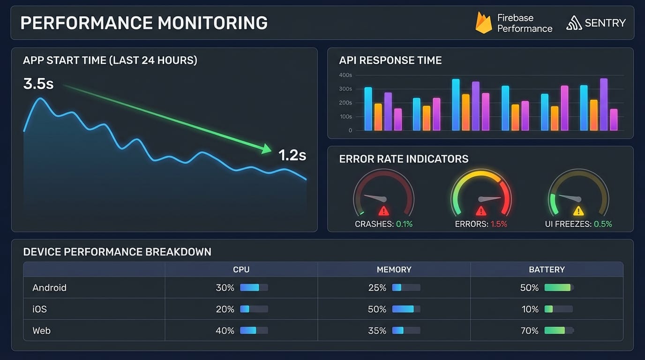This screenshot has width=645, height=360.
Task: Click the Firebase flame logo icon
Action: click(x=483, y=23)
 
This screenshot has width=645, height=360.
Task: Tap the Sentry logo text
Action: click(x=605, y=23)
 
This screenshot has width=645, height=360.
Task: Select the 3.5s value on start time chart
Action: click(x=38, y=84)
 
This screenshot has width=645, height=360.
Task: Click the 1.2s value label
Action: click(x=292, y=155)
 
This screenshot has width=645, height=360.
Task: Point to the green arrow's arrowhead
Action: click(x=266, y=149)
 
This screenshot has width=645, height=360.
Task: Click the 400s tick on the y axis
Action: click(x=345, y=75)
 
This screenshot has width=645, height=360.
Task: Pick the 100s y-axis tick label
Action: click(x=345, y=117)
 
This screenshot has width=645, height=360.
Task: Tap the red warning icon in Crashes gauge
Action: click(x=383, y=210)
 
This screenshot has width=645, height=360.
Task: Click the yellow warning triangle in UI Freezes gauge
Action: click(x=578, y=210)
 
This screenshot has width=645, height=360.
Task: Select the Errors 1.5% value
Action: click(x=499, y=224)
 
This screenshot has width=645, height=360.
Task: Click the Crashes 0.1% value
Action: click(x=404, y=224)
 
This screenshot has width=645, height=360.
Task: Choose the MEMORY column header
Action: click(x=394, y=270)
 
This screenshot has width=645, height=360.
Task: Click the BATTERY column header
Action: click(x=547, y=270)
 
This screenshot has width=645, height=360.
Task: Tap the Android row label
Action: click(x=49, y=288)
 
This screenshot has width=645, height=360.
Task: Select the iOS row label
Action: click(x=39, y=309)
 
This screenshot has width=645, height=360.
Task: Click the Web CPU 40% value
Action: click(x=225, y=331)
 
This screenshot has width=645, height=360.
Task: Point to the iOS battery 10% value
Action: click(x=530, y=309)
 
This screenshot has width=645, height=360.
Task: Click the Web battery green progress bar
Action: click(x=558, y=330)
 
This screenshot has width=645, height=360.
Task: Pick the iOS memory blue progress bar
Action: click(x=406, y=309)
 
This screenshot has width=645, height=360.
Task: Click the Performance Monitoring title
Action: click(x=144, y=23)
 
